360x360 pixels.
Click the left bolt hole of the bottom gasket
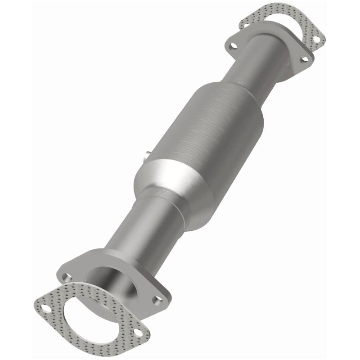coord(45,308)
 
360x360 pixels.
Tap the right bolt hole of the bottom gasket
coord(138,333)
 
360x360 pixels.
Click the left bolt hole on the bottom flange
coord(67,276)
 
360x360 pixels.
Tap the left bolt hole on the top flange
coord(233,45)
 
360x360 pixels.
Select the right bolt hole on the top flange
coord(304,59)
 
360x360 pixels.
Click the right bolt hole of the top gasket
coord(316,39)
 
